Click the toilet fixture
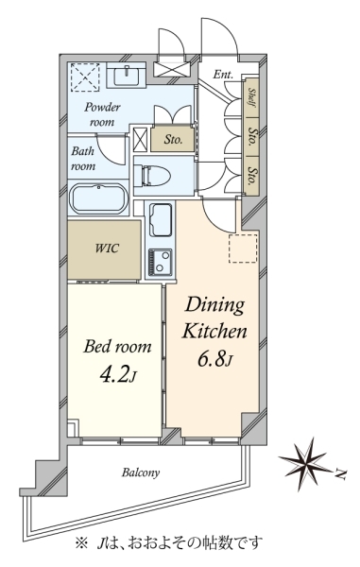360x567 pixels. coord(156,176)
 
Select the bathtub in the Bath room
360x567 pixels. coord(98,198)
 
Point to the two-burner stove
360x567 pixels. coord(160,261)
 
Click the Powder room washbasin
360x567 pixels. coord(127,75)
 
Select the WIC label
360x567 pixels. coord(107,249)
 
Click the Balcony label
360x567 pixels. coord(141,472)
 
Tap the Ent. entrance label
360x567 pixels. coord(223,75)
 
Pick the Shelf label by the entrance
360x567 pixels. coord(251,97)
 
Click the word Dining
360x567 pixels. coord(214,306)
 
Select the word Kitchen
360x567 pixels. coord(214,332)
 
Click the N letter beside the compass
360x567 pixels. coord(341,474)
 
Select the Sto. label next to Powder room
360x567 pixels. coord(173,139)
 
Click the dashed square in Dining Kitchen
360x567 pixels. coord(243,248)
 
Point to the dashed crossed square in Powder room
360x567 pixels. coord(85,77)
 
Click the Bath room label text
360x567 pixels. coord(83,159)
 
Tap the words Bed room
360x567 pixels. coord(117,347)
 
